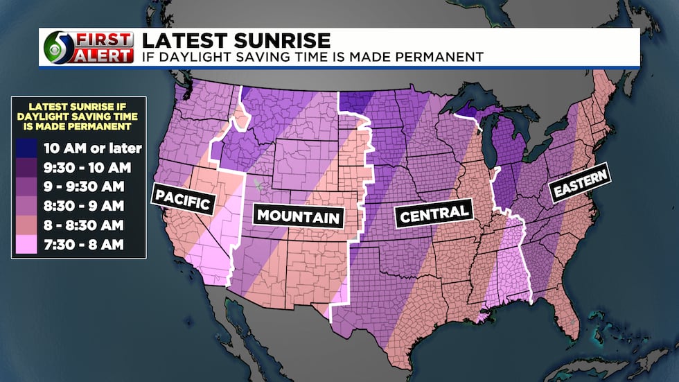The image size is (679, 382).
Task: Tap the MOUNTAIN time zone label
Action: (x=299, y=216)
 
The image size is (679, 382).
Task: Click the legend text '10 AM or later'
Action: (x=92, y=148)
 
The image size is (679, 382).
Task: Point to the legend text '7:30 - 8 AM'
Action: (x=87, y=245)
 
